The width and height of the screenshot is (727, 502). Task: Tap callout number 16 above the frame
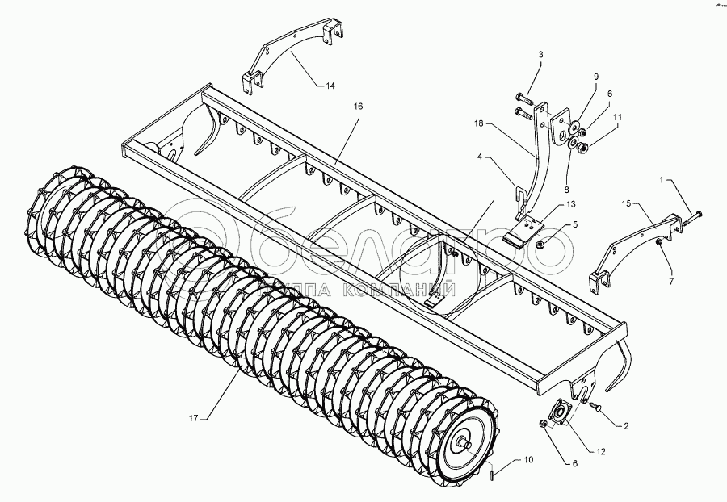pyautogui.click(x=359, y=107)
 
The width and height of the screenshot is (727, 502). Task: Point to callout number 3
pyautogui.click(x=541, y=54)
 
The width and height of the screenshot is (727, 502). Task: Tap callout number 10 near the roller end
pyautogui.click(x=528, y=461)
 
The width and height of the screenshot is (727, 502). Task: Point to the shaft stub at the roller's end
pyautogui.click(x=467, y=442)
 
